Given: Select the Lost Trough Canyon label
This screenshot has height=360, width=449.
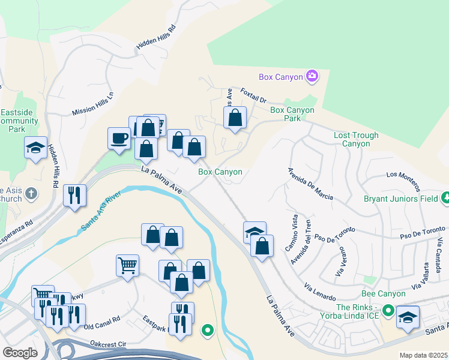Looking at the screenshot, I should pos(356,139).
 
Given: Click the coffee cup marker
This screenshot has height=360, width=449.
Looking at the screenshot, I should pos(119,138).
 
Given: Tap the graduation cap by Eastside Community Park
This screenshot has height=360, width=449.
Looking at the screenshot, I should pos(35,148).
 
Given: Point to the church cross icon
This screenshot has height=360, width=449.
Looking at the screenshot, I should pos(31,193).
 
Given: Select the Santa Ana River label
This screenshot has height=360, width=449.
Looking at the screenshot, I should pos(101,211).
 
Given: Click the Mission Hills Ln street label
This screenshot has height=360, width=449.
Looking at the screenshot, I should pos(92,104).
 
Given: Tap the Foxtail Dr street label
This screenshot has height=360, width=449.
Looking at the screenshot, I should pos(253,95).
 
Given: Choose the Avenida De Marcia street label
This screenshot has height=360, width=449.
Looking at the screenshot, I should pos(311,184).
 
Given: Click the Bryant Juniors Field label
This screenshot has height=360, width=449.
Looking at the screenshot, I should pos(400,199).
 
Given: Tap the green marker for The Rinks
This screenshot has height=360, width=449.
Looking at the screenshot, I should pos(388,311).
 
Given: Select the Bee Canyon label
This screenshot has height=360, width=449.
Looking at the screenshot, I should pos(383,294).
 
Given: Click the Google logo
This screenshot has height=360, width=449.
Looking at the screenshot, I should pos(20,353).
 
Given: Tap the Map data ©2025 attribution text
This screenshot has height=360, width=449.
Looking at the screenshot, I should pos(423,355).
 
